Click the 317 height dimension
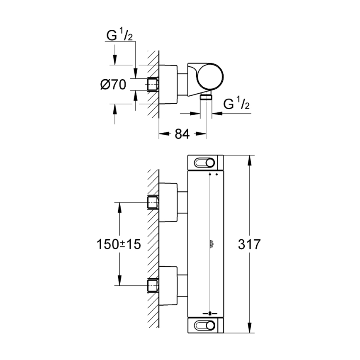tap(249, 244)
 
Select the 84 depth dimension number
tap(182, 134)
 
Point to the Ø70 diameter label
tap(113, 85)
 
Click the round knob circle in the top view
tap(210, 77)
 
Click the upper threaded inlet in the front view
tap(153, 202)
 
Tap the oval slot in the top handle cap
tap(205, 162)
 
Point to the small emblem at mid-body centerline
tap(211, 244)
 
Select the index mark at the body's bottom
tap(211, 313)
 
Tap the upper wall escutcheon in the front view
tap(169, 202)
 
